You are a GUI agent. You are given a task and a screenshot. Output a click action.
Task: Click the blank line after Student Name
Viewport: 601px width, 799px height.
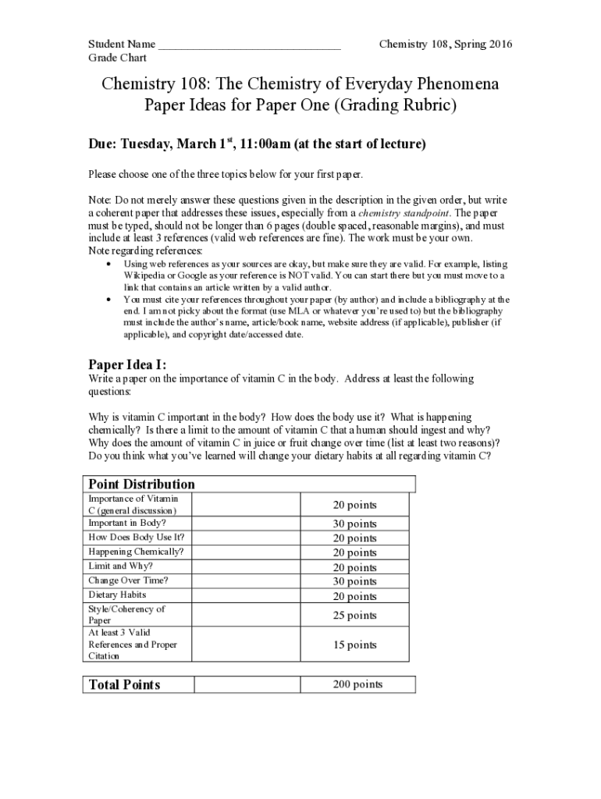tap(249, 44)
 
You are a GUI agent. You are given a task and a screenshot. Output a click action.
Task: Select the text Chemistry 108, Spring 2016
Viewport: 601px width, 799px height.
tap(445, 44)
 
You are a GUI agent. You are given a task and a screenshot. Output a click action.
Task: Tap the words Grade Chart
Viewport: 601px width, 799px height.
tap(117, 58)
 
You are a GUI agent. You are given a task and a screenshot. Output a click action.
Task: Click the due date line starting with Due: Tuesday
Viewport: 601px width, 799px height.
tap(257, 144)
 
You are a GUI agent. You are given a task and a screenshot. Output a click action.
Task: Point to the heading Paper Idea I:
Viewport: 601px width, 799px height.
tap(126, 364)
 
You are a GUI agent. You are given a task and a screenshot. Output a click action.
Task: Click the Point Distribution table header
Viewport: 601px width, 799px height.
tap(141, 484)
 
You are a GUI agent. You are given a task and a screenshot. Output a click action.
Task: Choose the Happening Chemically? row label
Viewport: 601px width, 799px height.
tap(136, 552)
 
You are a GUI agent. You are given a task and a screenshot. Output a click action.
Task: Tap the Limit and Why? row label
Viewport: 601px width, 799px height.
tap(120, 566)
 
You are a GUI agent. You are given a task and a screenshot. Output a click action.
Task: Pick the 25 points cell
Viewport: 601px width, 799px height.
tap(356, 616)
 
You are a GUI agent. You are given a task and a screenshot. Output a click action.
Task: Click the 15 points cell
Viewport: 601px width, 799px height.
tap(356, 645)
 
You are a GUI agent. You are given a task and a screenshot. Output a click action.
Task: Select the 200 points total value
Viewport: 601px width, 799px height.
tap(357, 684)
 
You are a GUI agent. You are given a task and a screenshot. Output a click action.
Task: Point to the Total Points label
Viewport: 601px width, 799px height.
tap(124, 684)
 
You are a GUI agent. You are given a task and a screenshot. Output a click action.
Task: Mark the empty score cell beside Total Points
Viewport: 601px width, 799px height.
tap(247, 684)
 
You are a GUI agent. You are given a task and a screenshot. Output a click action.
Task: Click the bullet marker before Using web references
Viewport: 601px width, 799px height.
tap(107, 265)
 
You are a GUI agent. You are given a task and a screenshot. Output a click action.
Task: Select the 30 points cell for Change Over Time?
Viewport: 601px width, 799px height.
tap(356, 581)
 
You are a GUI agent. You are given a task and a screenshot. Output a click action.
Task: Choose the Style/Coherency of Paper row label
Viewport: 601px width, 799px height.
tap(126, 615)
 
